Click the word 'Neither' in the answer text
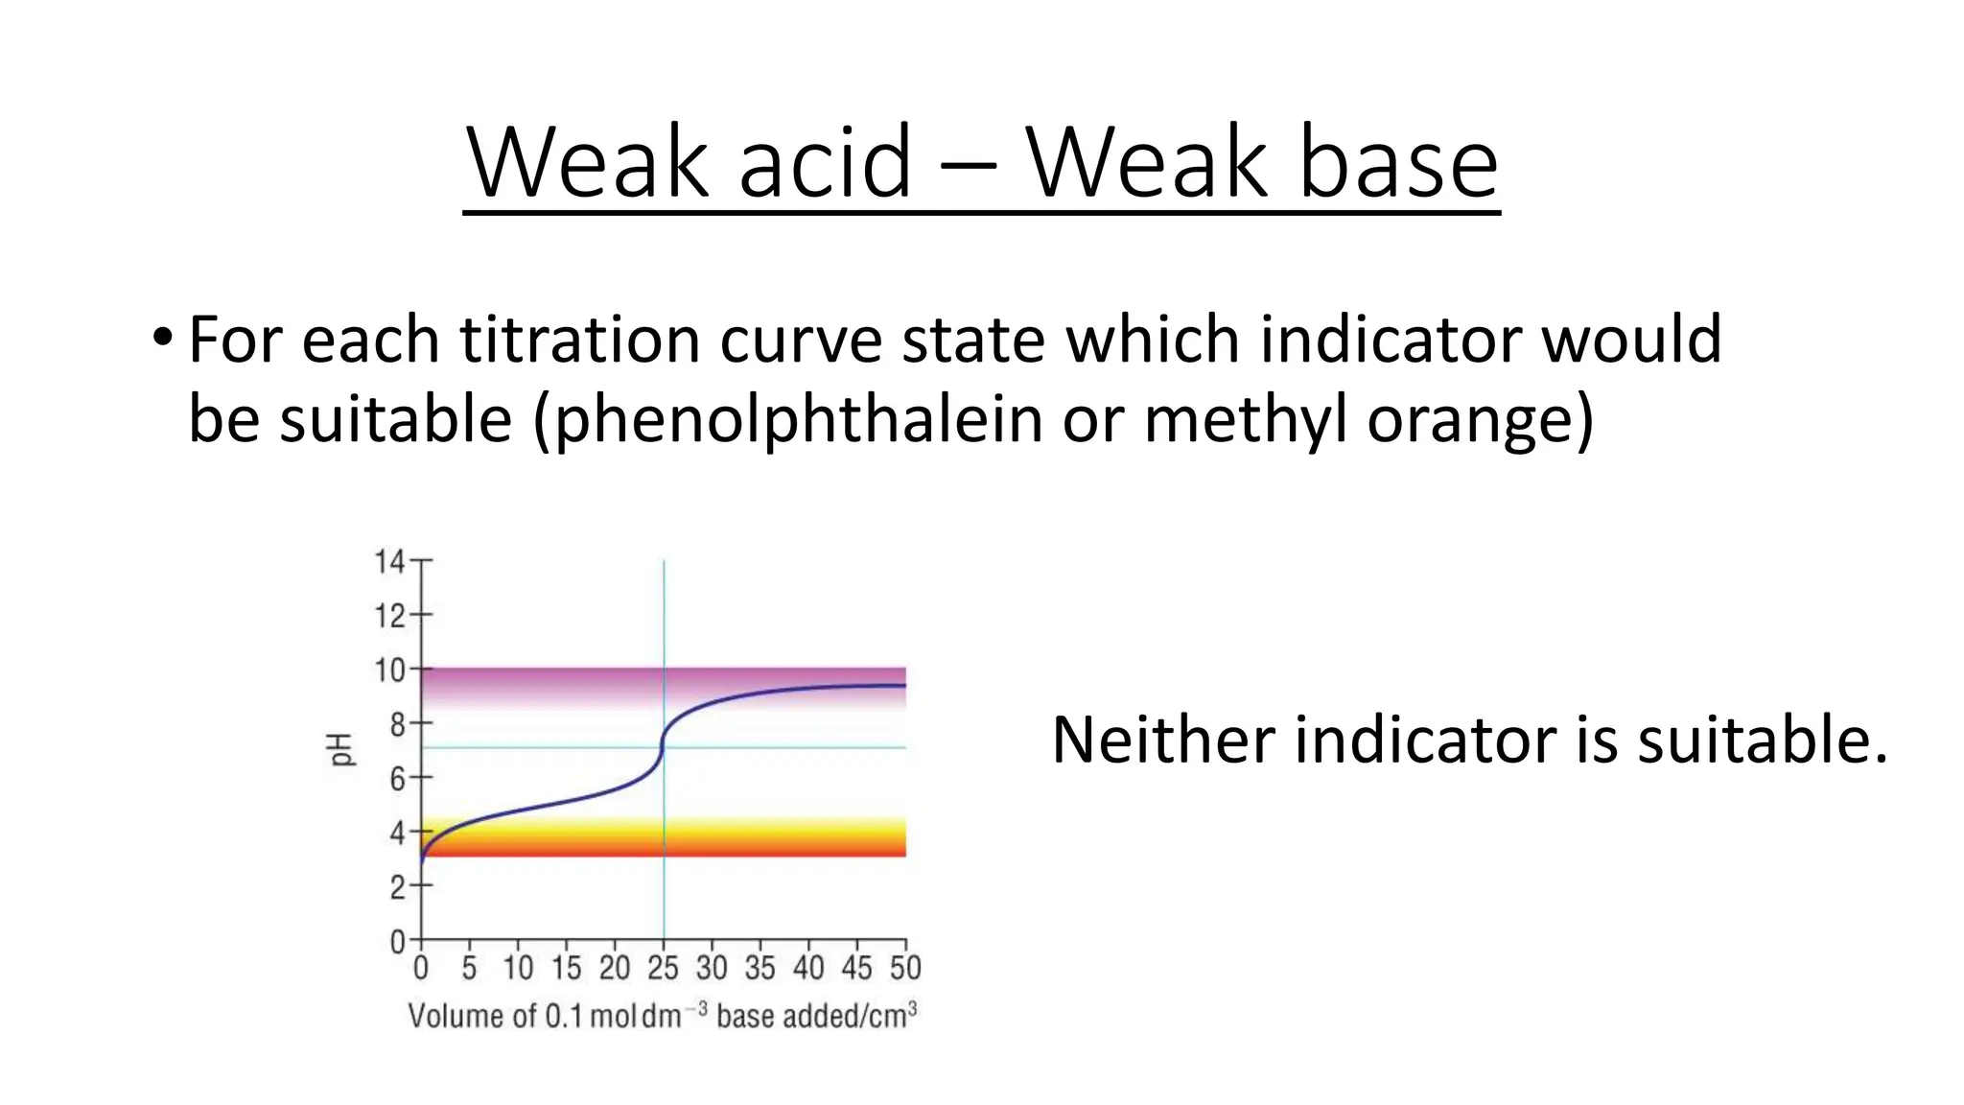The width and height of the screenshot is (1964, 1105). click(x=1163, y=741)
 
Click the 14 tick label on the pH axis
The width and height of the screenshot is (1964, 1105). click(x=389, y=561)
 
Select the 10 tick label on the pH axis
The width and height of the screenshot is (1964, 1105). click(x=389, y=670)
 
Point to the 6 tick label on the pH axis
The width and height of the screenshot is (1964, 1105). click(x=397, y=778)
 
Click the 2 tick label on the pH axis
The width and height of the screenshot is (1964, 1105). click(x=397, y=887)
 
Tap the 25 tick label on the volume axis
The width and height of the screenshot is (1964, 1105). click(x=663, y=968)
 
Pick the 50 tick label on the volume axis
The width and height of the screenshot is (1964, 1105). click(x=905, y=968)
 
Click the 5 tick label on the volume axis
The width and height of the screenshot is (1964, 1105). click(x=469, y=968)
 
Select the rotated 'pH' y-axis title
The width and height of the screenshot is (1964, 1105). click(x=341, y=749)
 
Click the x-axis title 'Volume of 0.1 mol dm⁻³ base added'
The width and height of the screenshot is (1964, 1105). click(x=662, y=1015)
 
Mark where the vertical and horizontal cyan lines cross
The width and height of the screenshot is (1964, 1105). click(x=664, y=747)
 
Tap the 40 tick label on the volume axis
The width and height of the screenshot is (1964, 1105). click(x=808, y=968)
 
